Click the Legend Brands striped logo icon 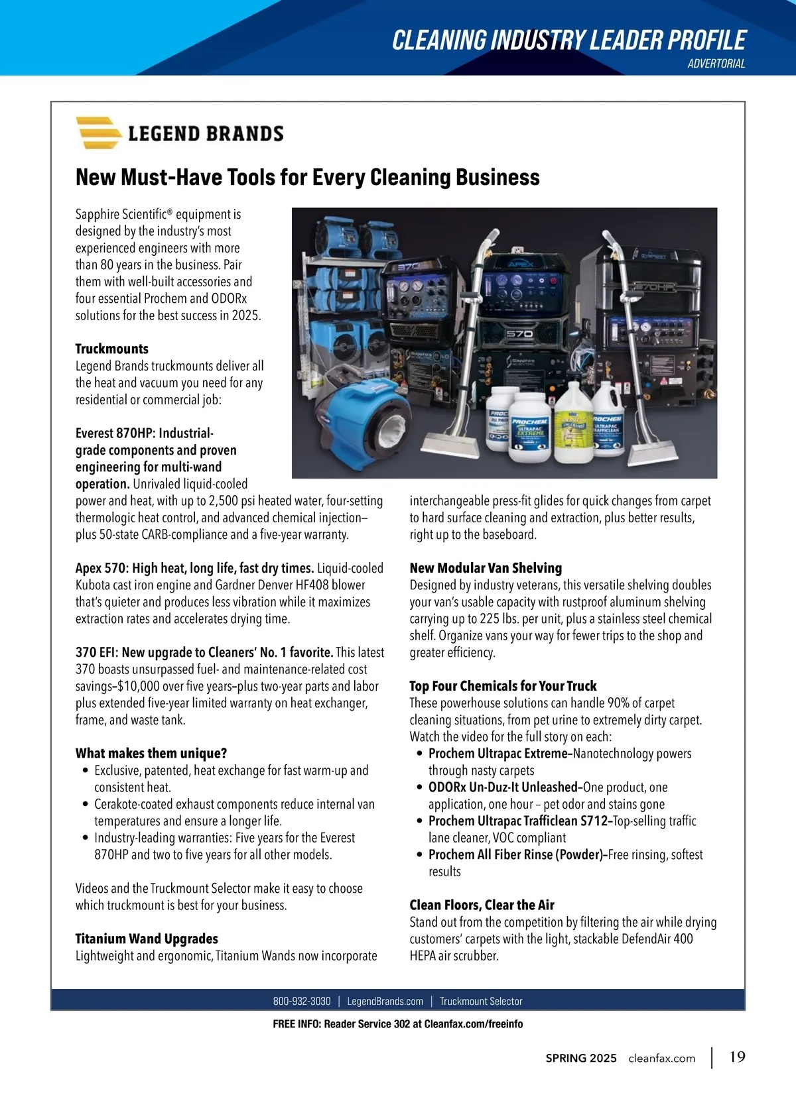pyautogui.click(x=98, y=133)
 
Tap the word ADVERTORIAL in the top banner pyautogui.click(x=716, y=64)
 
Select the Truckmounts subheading pyautogui.click(x=112, y=349)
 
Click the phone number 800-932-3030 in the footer pyautogui.click(x=301, y=1001)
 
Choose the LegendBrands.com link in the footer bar pyautogui.click(x=385, y=1001)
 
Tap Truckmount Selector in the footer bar pyautogui.click(x=481, y=1001)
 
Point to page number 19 pyautogui.click(x=737, y=1057)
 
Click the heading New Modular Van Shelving pyautogui.click(x=486, y=568)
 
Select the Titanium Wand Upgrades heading pyautogui.click(x=147, y=939)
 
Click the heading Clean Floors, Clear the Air pyautogui.click(x=482, y=905)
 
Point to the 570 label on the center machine pyautogui.click(x=519, y=333)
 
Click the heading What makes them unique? pyautogui.click(x=151, y=753)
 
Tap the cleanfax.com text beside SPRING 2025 pyautogui.click(x=661, y=1058)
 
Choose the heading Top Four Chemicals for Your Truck pyautogui.click(x=503, y=686)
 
